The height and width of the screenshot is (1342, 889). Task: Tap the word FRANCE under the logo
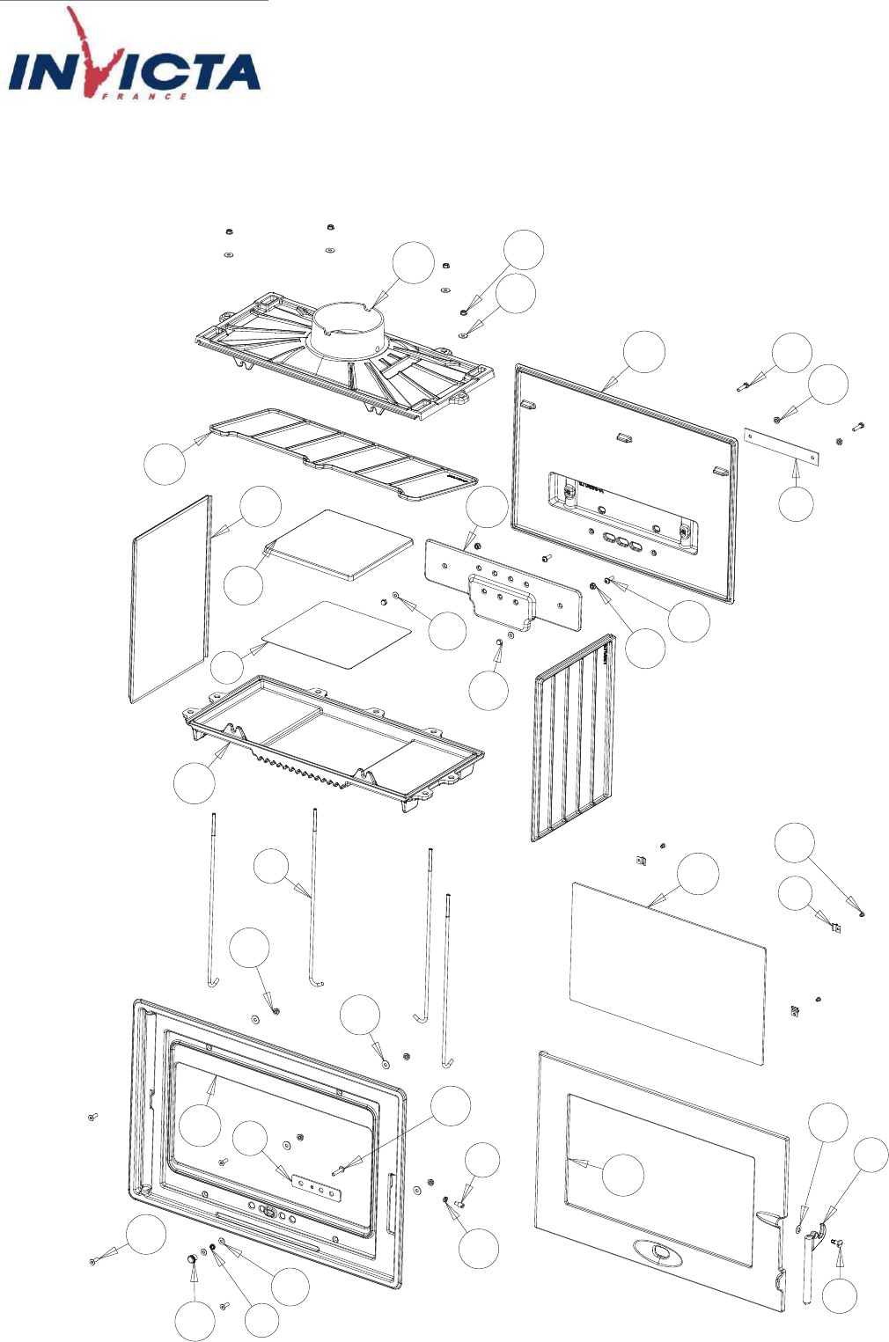[x=145, y=96]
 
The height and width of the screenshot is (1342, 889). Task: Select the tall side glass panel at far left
[x=171, y=598]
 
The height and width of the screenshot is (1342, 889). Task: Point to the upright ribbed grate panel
[x=573, y=737]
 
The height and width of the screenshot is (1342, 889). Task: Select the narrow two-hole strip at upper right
[x=782, y=446]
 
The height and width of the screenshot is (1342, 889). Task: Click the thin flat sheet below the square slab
[x=337, y=634]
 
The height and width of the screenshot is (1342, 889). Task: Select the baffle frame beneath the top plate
[x=343, y=453]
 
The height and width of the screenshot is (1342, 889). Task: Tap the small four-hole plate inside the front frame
[x=315, y=1185]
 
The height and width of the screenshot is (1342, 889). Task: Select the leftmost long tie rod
[x=213, y=898]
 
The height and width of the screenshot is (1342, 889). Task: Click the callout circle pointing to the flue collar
[x=413, y=261]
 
